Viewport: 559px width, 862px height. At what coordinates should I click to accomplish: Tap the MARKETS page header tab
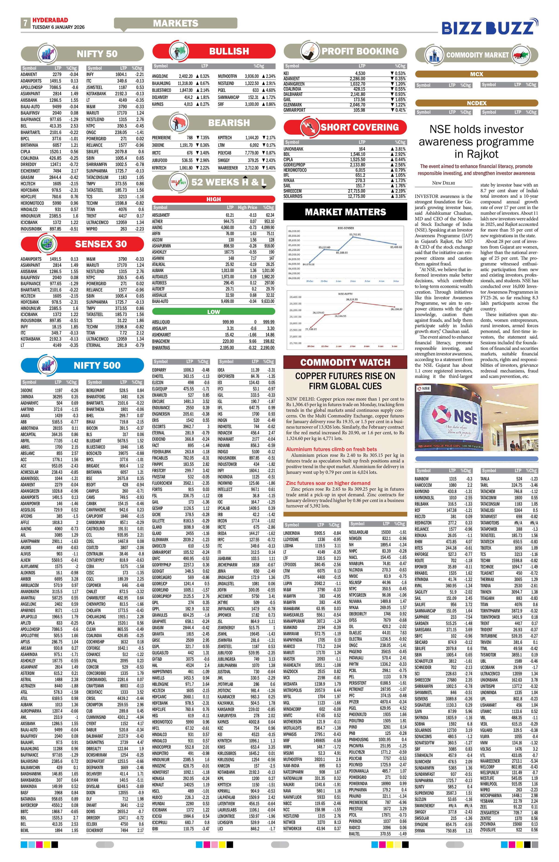point(175,23)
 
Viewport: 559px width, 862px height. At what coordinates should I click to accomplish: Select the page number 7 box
point(25,23)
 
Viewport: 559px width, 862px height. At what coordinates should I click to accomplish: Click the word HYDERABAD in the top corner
point(50,20)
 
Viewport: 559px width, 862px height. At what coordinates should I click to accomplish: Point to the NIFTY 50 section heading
point(97,54)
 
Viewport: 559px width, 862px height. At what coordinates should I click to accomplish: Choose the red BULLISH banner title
point(229,51)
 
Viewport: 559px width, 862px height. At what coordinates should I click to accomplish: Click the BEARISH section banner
point(229,123)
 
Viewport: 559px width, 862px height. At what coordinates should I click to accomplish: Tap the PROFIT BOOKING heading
point(360,51)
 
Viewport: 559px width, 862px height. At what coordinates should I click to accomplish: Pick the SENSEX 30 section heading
point(101,244)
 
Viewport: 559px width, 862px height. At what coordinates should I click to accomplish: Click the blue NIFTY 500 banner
point(97,365)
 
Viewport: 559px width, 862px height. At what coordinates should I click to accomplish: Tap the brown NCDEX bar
point(476,103)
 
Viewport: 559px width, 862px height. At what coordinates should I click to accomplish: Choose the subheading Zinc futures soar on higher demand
point(328,483)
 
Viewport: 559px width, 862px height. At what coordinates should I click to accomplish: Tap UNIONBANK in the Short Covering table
point(294,149)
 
